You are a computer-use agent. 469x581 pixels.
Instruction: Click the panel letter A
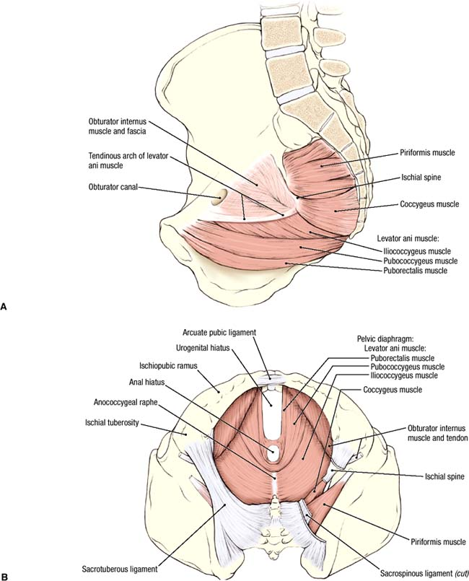(x=5, y=306)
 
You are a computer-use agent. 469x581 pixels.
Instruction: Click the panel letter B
(x=5, y=576)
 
